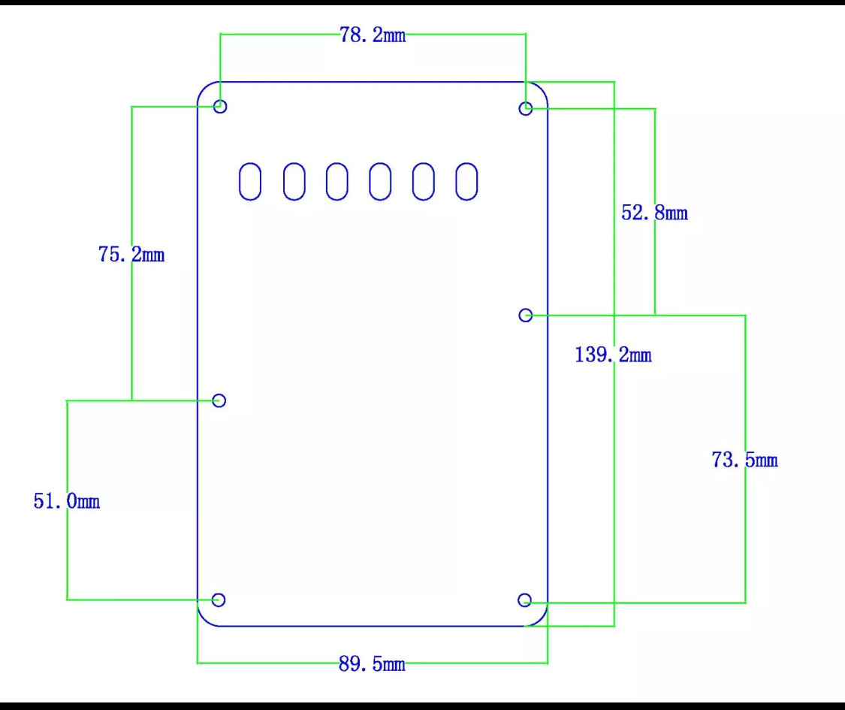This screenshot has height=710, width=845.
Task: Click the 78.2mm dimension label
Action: [373, 35]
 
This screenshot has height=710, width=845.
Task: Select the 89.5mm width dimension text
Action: [372, 663]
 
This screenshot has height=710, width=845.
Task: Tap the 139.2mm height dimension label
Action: [613, 355]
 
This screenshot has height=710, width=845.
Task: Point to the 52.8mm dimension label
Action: [655, 213]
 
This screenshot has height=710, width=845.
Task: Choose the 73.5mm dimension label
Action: [745, 460]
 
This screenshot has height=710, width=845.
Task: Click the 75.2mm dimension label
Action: [131, 255]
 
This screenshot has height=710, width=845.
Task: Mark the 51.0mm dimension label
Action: [67, 501]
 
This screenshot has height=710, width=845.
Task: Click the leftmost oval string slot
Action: [240, 182]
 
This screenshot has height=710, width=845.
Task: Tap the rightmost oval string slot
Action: [456, 182]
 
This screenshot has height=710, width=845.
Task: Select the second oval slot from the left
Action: [284, 182]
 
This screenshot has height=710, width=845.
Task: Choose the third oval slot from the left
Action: [327, 182]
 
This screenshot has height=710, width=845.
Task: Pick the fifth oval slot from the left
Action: [413, 182]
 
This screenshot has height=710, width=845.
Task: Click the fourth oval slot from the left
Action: [370, 182]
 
